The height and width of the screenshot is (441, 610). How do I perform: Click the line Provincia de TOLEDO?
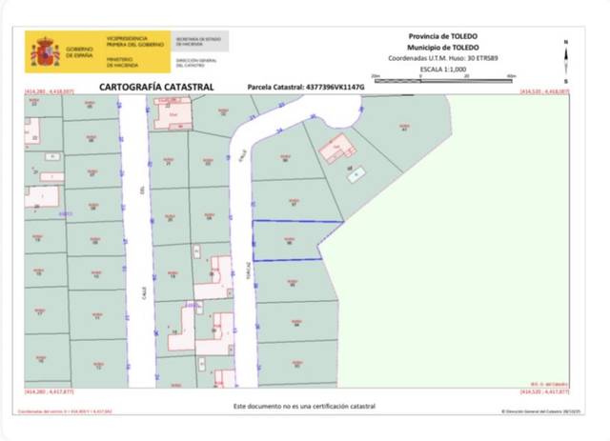pos(442,36)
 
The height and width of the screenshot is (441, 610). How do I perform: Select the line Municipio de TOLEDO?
pos(442,46)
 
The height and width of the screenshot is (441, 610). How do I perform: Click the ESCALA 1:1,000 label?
pos(442,69)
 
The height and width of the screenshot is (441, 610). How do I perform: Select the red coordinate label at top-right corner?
pos(544,91)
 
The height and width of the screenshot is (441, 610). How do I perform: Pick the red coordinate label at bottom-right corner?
pos(544,391)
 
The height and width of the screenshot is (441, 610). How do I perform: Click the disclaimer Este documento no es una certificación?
pos(304,406)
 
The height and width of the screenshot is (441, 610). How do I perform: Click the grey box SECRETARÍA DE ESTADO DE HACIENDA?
pos(198,43)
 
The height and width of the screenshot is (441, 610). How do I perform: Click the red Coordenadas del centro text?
pos(62,412)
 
